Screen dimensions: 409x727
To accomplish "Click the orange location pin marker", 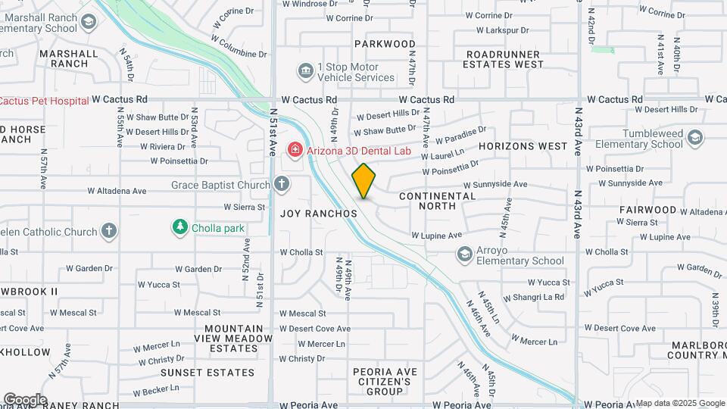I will pos(363,181).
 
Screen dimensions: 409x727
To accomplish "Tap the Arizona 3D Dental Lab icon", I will pos(294,151).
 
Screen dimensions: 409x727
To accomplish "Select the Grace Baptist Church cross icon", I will pos(282,184).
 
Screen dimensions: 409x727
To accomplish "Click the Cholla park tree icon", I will pos(179,226).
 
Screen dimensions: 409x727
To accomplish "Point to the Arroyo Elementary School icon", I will pos(464,254).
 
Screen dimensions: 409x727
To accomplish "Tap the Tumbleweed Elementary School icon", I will pos(695,138).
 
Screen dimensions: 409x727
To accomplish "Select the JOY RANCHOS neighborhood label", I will pos(318,214).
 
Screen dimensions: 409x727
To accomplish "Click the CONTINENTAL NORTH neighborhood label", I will pos(437,201).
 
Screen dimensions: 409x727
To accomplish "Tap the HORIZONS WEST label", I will pos(523,145).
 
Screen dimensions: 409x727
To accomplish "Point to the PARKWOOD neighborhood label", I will pos(385,44).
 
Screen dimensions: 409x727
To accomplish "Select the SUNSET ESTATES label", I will pos(207,373).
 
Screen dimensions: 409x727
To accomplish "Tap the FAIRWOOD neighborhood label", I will pos(647,209).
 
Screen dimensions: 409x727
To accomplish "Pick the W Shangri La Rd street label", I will pos(533,297).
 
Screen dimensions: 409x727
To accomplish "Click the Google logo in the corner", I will pos(24,399).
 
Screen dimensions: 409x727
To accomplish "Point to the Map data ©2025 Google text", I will pos(679,403).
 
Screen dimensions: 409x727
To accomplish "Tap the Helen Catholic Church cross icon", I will pos(109,231).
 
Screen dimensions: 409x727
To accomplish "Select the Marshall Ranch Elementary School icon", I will pos(89,22).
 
